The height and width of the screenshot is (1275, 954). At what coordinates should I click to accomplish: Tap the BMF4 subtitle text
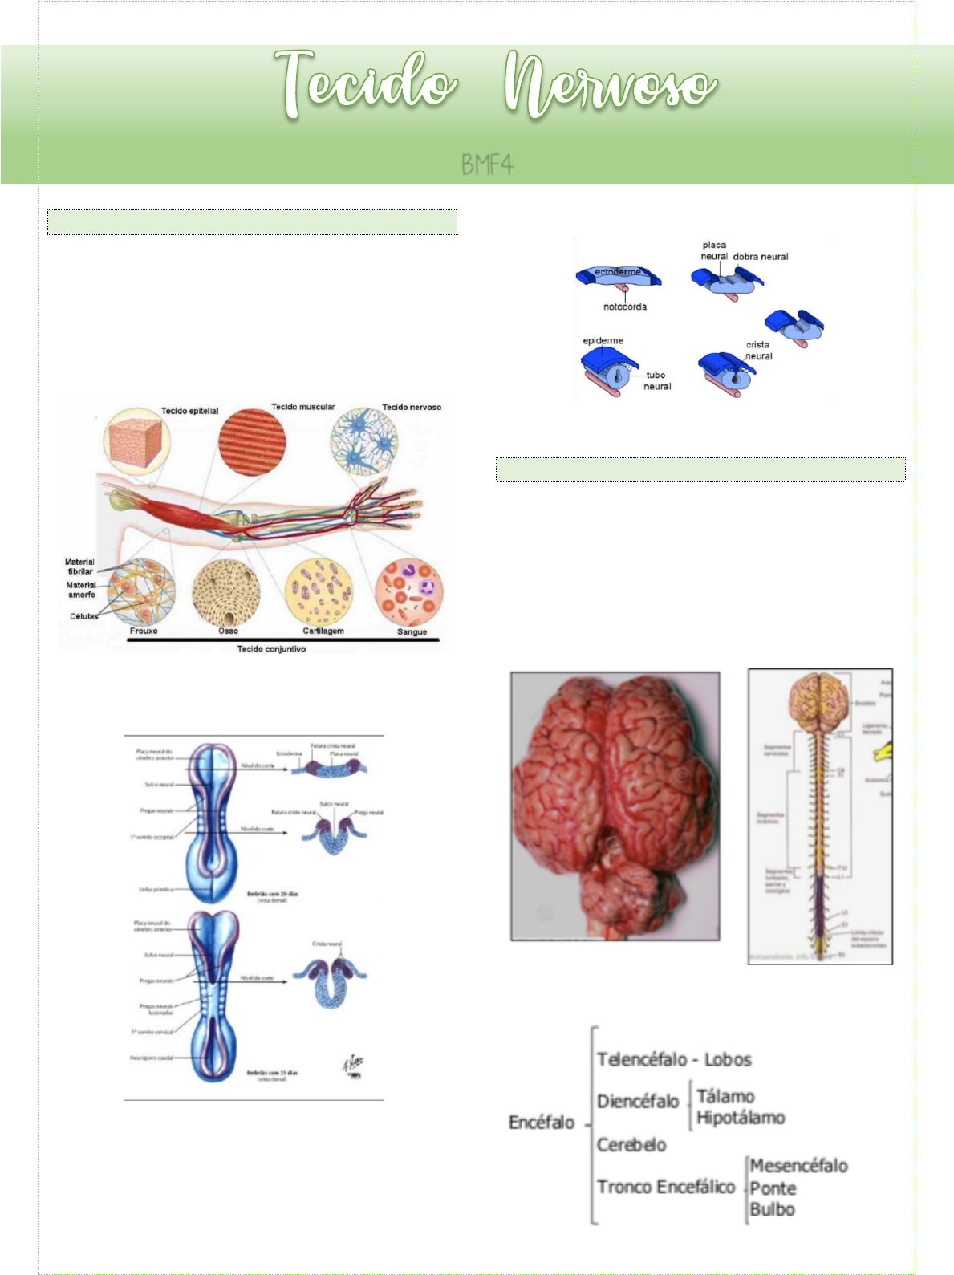[x=486, y=165]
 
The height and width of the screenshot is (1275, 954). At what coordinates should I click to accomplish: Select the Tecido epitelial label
[x=189, y=411]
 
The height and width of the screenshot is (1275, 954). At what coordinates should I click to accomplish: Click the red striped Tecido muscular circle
[x=252, y=443]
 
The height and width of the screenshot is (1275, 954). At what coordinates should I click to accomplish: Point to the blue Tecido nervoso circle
[x=364, y=441]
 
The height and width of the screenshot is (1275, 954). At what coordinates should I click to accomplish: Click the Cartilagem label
[x=323, y=631]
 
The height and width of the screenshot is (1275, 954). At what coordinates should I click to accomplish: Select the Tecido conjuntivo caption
[x=271, y=649]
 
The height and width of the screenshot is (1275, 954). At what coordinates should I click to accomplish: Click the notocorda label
[x=624, y=307]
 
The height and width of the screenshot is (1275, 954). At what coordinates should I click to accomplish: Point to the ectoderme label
[x=618, y=272]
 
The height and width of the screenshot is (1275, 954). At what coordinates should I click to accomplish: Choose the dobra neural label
[x=761, y=257]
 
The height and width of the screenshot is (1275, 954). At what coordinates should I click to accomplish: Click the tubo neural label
[x=657, y=380]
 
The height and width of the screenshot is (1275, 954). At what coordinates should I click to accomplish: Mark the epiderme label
[x=603, y=341]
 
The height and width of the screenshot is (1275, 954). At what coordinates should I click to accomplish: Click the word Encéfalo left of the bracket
[x=542, y=1123]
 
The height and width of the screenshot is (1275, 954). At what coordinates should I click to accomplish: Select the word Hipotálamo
[x=741, y=1118]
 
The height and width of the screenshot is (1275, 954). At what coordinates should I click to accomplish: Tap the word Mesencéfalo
[x=798, y=1166]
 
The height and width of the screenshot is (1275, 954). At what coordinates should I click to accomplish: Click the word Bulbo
[x=772, y=1209]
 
